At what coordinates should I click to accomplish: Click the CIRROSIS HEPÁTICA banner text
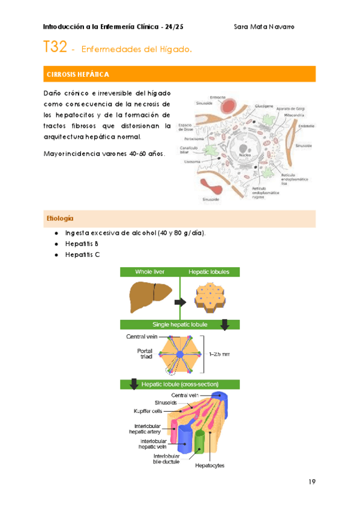pyautogui.click(x=77, y=74)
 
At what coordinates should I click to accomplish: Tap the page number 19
pyautogui.click(x=311, y=481)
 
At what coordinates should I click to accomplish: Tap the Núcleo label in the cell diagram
pyautogui.click(x=245, y=154)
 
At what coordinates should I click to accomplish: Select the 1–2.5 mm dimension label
pyautogui.click(x=219, y=354)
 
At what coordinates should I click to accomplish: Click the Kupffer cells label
pyautogui.click(x=148, y=411)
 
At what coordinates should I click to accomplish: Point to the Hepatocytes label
pyautogui.click(x=210, y=465)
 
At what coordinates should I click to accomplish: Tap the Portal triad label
pyautogui.click(x=145, y=354)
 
